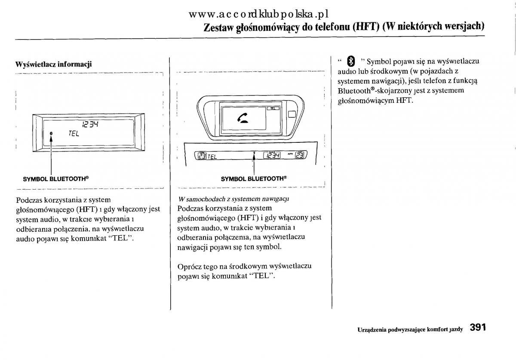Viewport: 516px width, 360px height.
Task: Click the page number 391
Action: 478,328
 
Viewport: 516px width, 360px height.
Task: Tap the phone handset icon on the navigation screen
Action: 243,117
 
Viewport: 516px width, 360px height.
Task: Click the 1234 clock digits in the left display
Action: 90,124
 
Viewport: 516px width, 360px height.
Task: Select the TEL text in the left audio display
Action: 74,134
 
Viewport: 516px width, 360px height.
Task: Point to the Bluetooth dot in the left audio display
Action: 51,134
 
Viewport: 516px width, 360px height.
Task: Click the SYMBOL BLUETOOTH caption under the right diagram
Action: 253,178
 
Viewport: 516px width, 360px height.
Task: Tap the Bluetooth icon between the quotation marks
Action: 350,61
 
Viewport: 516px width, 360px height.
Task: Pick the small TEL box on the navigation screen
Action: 272,109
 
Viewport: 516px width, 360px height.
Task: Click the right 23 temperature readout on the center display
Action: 300,156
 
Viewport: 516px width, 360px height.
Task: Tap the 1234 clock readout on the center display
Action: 272,156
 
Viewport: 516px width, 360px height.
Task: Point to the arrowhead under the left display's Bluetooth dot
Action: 51,140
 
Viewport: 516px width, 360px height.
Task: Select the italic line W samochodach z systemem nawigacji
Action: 233,199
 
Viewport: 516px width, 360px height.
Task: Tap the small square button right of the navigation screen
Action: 292,114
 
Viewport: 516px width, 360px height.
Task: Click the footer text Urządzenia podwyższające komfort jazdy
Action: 410,329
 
